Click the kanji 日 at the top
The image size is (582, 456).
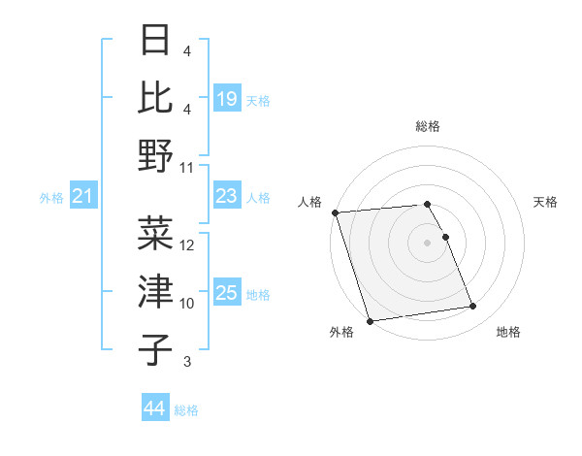pyautogui.click(x=156, y=41)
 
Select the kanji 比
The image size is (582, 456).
pyautogui.click(x=156, y=97)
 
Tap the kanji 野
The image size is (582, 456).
pyautogui.click(x=156, y=154)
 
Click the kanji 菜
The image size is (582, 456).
pyautogui.click(x=156, y=234)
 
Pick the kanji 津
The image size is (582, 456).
pyautogui.click(x=156, y=291)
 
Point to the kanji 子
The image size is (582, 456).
pyautogui.click(x=156, y=348)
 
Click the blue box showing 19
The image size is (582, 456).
pyautogui.click(x=227, y=98)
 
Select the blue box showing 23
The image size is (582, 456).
pyautogui.click(x=227, y=196)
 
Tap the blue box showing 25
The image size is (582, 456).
pyautogui.click(x=227, y=293)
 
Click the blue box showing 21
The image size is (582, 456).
pyautogui.click(x=83, y=197)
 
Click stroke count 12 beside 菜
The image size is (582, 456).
pyautogui.click(x=188, y=245)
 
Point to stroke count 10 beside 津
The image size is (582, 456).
pyautogui.click(x=188, y=304)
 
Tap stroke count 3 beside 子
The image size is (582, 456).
pyautogui.click(x=187, y=362)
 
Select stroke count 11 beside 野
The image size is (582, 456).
pyautogui.click(x=188, y=167)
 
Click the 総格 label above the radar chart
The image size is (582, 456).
pyautogui.click(x=428, y=126)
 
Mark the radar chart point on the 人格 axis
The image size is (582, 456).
pyautogui.click(x=335, y=212)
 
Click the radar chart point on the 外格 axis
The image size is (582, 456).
pyautogui.click(x=370, y=321)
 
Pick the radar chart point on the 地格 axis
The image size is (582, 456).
pyautogui.click(x=473, y=308)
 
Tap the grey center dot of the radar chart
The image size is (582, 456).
pyautogui.click(x=428, y=242)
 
